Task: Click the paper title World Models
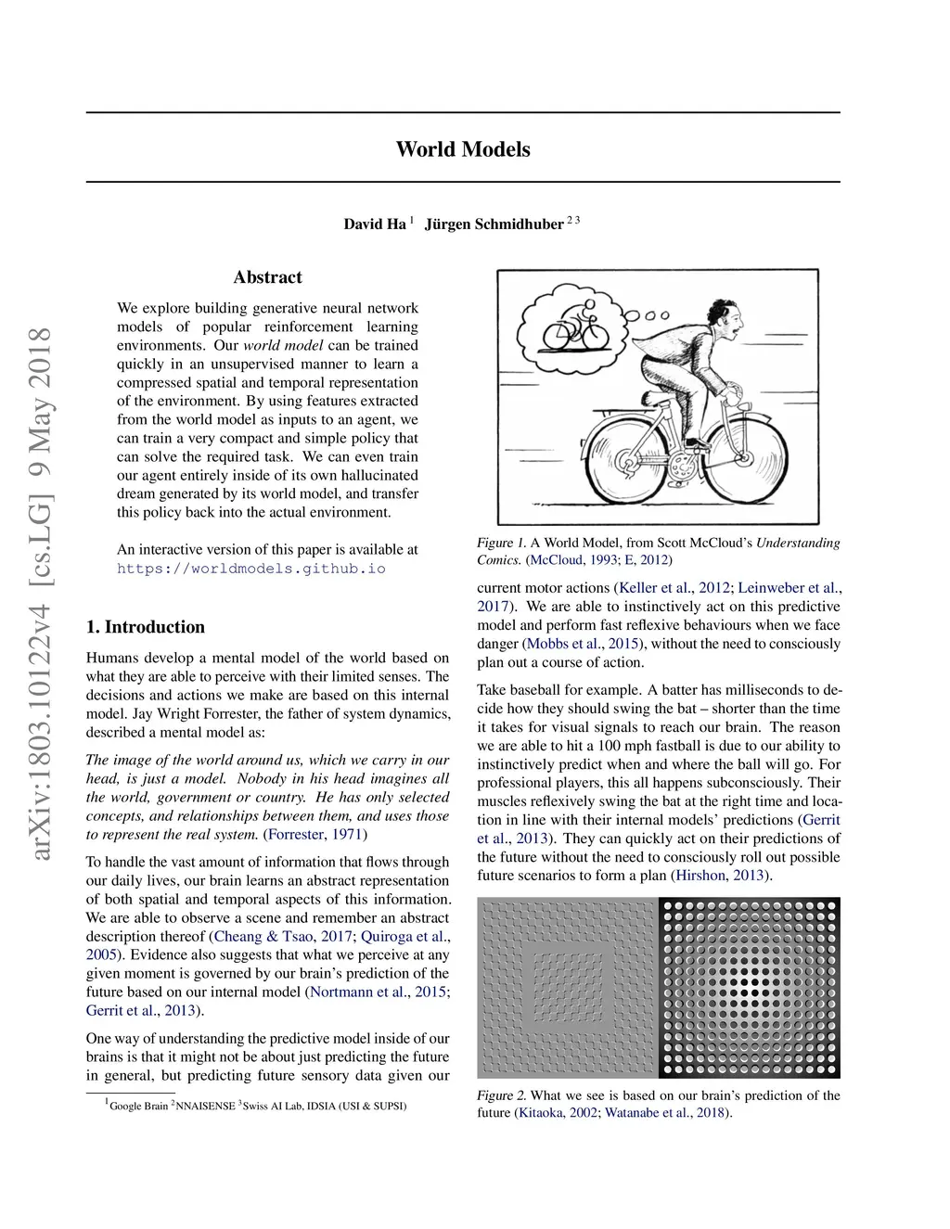click(463, 149)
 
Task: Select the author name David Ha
click(375, 224)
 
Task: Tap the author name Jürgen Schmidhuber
click(494, 224)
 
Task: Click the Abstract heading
click(267, 277)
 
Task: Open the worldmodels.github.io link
click(250, 569)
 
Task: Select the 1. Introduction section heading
click(145, 627)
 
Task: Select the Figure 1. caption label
click(501, 543)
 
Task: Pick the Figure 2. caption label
click(501, 1095)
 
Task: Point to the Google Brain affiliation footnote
click(138, 1106)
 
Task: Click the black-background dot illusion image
click(750, 988)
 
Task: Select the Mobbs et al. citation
click(565, 644)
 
